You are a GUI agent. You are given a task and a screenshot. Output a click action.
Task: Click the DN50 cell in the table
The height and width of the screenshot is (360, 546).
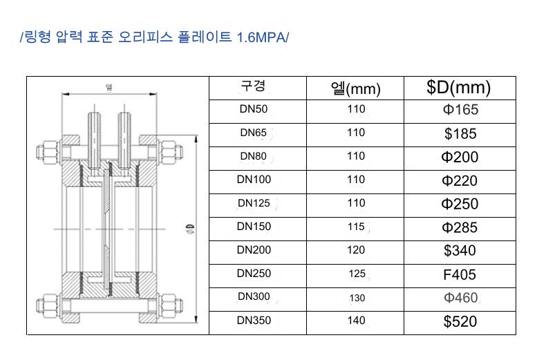pos(254,109)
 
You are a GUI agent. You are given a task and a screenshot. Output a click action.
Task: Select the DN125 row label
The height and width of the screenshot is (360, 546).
pos(254,203)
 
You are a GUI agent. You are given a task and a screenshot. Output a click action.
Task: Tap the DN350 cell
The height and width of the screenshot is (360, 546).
pos(254,321)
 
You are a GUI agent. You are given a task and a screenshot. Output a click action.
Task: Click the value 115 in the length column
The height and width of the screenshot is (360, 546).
pos(356,227)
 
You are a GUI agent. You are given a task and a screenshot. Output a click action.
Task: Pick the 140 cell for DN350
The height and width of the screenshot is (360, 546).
pos(356,321)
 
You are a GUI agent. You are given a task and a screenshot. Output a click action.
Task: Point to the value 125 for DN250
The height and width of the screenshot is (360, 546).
pos(357,274)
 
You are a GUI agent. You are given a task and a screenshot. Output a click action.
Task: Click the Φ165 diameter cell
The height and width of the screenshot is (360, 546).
pos(460,110)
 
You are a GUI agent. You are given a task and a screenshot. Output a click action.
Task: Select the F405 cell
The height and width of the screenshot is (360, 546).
pos(460,275)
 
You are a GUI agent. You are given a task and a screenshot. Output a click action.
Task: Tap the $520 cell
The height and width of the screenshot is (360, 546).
pos(460,321)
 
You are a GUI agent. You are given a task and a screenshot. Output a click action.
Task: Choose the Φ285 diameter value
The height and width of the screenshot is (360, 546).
pos(460,228)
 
